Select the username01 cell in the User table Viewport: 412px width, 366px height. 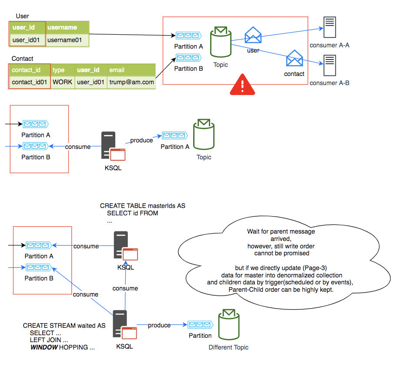(x=67, y=40)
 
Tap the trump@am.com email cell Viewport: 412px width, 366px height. (x=131, y=82)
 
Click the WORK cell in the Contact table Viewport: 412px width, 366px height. (x=63, y=82)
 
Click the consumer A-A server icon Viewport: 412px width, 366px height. (x=330, y=29)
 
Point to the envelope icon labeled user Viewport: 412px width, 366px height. (x=253, y=35)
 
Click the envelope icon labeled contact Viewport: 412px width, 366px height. (x=294, y=58)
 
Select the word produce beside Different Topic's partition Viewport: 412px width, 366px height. (x=159, y=325)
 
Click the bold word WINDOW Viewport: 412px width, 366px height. (x=44, y=348)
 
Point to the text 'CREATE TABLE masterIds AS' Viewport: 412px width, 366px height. (x=143, y=206)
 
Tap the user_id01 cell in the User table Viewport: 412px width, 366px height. (x=27, y=40)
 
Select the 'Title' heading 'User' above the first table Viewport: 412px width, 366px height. (x=22, y=16)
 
